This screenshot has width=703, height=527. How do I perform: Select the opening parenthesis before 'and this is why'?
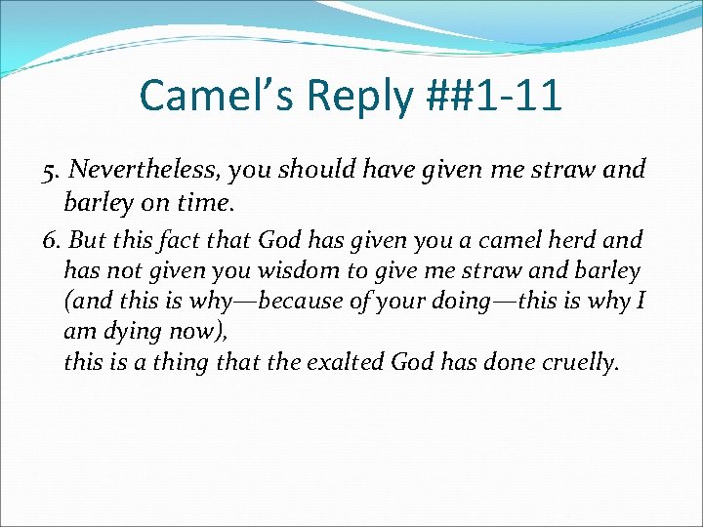[x=67, y=303]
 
